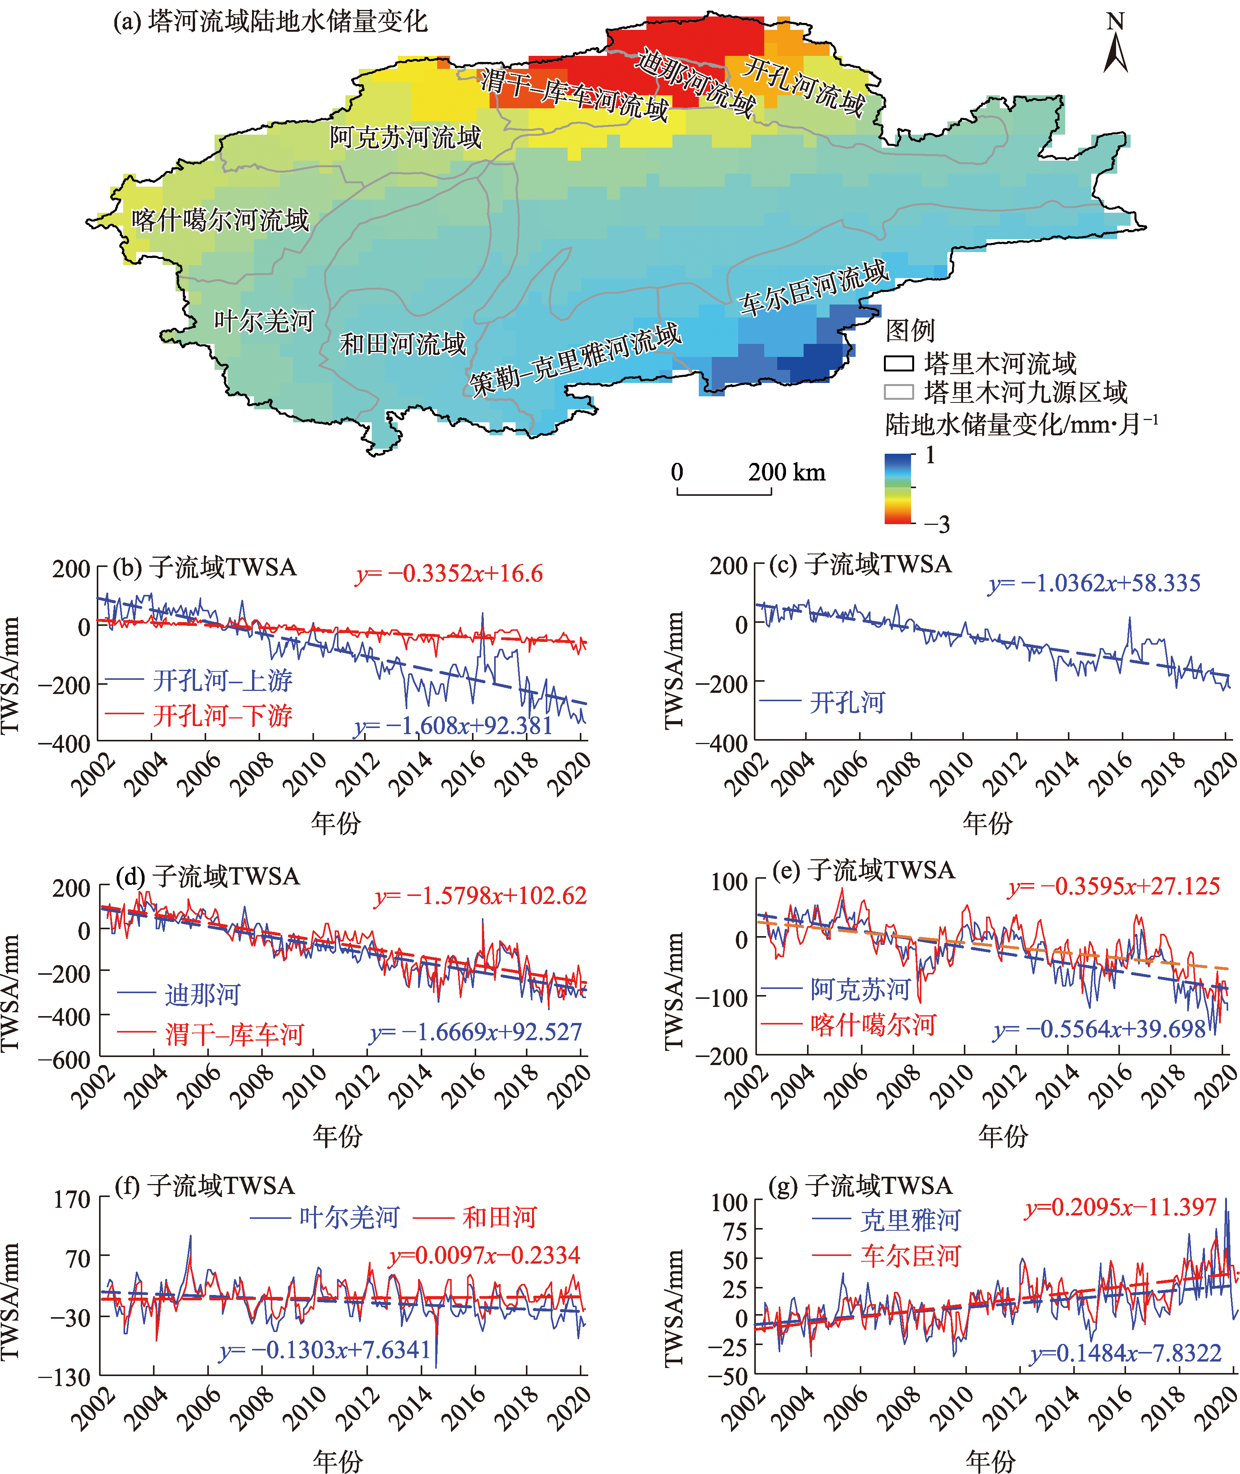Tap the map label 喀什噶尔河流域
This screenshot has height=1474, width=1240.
(x=220, y=220)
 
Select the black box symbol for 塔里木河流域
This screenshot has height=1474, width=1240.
(x=898, y=363)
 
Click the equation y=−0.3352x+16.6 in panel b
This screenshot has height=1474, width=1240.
(x=449, y=573)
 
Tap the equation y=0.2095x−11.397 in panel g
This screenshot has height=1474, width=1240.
(x=1121, y=1207)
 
